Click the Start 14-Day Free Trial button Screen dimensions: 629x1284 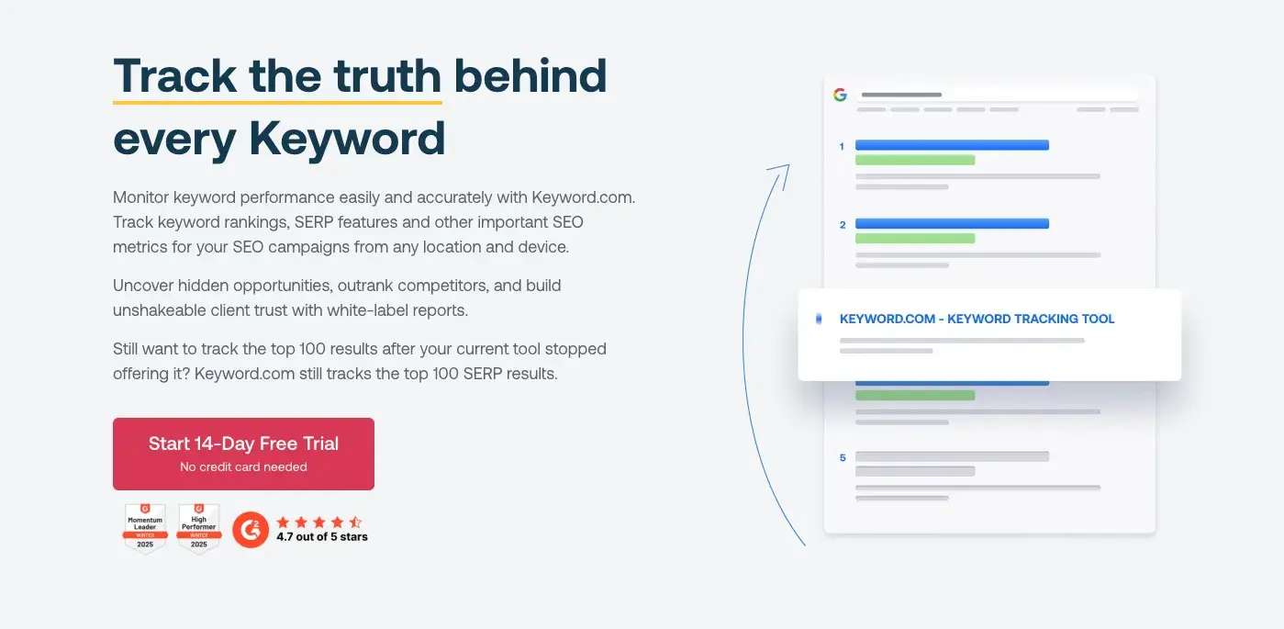[243, 453]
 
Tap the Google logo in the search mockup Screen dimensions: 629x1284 [840, 95]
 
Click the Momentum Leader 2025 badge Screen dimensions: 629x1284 [145, 528]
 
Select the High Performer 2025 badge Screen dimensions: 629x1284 [198, 528]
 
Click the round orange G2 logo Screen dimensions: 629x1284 [251, 530]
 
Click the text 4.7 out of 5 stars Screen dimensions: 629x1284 [322, 537]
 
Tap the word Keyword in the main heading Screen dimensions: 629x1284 [347, 139]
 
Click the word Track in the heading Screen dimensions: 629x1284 [173, 75]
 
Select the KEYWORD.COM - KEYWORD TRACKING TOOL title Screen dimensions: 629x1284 [977, 320]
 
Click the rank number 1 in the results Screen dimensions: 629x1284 [842, 146]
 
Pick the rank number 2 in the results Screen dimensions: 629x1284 [842, 224]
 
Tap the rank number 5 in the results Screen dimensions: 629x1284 [842, 457]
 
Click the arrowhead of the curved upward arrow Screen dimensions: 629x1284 [783, 167]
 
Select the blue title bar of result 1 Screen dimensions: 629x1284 [952, 145]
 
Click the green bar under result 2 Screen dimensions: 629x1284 [914, 238]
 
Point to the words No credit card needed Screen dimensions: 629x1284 [243, 467]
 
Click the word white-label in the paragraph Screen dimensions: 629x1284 [360, 310]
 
